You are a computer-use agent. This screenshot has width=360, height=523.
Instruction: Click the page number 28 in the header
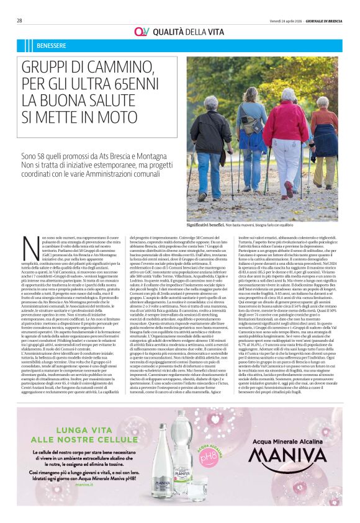click(x=20, y=20)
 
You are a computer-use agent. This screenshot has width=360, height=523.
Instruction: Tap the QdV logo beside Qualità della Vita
click(x=140, y=32)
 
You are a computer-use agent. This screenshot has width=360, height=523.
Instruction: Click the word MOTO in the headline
click(x=114, y=115)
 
